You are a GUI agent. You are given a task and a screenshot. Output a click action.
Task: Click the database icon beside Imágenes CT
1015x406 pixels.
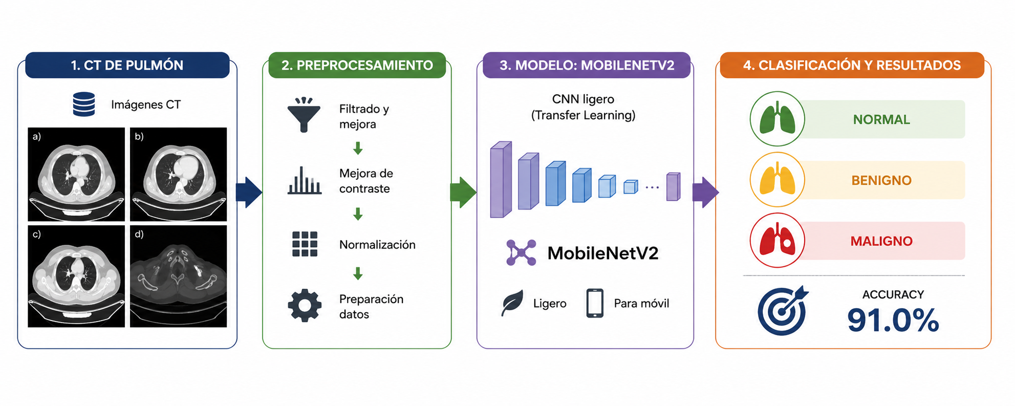(84, 104)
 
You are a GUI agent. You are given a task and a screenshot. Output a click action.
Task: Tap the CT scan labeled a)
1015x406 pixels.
(76, 174)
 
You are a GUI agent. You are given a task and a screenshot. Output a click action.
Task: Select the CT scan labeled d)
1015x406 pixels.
(178, 276)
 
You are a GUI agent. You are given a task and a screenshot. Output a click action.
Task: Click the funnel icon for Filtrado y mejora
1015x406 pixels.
(304, 115)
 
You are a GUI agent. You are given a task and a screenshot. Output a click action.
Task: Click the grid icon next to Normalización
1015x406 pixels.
(305, 244)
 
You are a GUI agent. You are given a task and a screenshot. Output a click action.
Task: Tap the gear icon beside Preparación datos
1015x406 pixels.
(305, 306)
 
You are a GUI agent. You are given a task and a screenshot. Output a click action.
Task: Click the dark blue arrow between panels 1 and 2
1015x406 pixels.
(249, 193)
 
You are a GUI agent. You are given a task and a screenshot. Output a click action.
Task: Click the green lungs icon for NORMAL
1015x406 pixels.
(777, 119)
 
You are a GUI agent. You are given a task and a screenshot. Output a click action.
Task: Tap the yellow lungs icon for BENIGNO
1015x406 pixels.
(777, 180)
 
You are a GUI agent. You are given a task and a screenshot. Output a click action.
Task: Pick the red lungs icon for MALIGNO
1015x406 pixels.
(777, 241)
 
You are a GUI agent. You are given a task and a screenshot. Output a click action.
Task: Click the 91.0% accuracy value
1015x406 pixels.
(893, 320)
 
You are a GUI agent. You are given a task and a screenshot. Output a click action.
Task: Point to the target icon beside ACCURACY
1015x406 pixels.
(783, 311)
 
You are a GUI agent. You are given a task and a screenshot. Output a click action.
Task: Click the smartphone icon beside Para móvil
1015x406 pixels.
(595, 303)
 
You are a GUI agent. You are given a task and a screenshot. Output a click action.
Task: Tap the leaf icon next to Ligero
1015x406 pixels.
(512, 303)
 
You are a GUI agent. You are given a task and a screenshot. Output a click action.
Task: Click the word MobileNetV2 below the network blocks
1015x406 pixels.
(603, 253)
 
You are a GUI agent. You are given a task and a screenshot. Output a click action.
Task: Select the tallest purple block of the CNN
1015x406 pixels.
(501, 180)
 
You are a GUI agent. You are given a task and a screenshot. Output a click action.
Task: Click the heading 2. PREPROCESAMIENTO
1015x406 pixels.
(357, 66)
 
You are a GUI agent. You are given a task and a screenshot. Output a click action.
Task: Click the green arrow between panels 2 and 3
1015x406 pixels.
(463, 193)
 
